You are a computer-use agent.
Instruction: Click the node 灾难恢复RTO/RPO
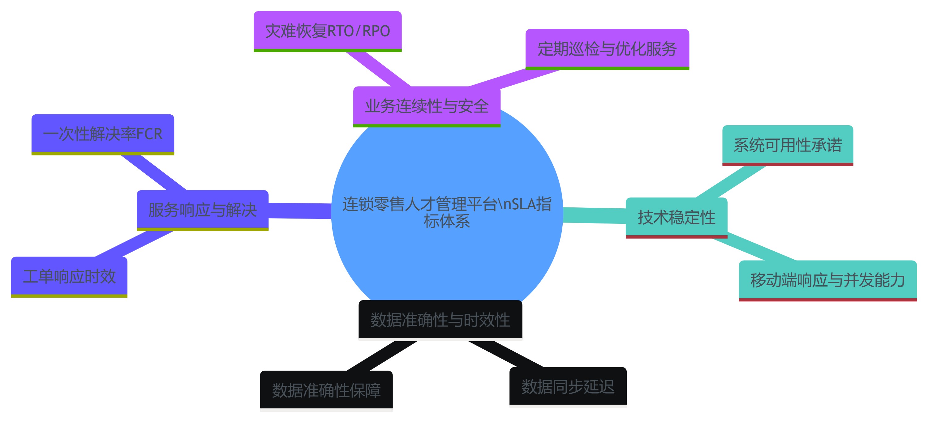[328, 31]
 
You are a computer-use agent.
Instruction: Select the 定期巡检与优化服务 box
[607, 49]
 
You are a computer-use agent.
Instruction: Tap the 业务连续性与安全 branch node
[427, 106]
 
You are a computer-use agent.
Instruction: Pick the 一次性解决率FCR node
[103, 134]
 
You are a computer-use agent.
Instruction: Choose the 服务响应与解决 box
[203, 210]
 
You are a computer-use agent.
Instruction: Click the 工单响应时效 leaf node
[69, 276]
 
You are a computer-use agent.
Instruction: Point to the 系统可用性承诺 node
[788, 145]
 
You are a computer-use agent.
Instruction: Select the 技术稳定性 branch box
[676, 217]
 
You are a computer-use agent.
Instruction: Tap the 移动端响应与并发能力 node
[827, 280]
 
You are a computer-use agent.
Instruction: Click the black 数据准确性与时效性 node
[440, 320]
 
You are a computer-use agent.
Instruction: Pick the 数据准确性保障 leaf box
[326, 390]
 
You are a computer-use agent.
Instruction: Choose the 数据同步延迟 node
[568, 386]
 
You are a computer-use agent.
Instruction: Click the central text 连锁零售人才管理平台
[447, 204]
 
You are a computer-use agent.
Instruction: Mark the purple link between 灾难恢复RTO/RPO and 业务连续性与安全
[378, 69]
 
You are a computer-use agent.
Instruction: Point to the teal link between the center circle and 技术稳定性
[595, 215]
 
